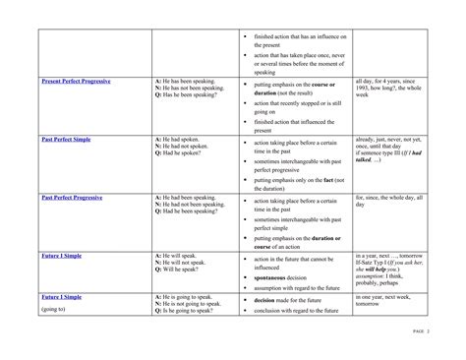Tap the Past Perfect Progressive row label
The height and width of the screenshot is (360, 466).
pyautogui.click(x=74, y=197)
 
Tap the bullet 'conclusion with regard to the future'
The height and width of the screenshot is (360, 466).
pyautogui.click(x=300, y=309)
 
